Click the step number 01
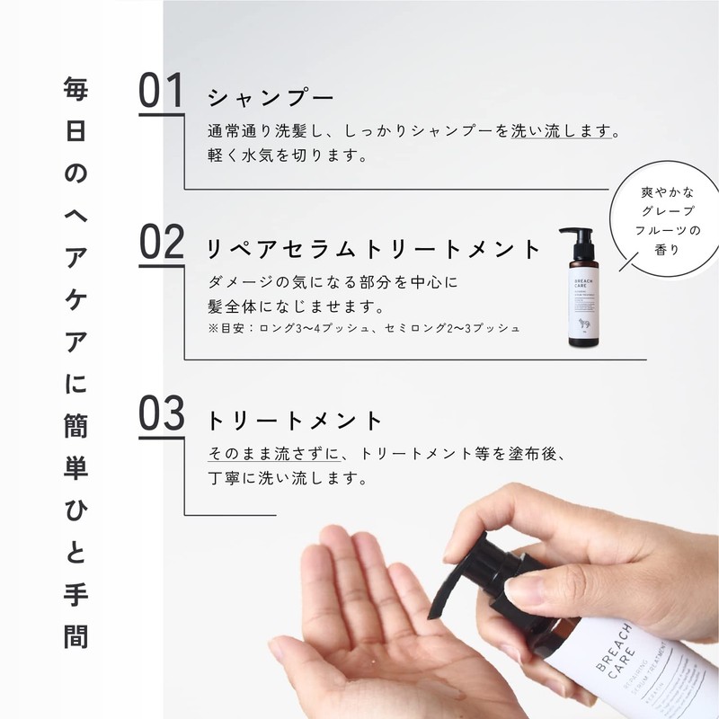point(162,93)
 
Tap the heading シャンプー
point(271,97)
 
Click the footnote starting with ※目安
point(364,328)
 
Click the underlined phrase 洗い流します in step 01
point(565,131)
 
